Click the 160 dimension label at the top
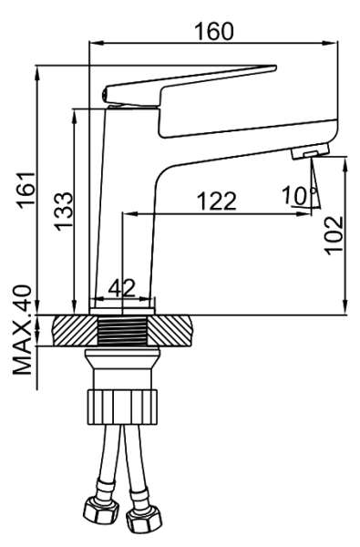[x=214, y=31]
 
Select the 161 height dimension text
[x=26, y=191]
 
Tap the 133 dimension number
[x=64, y=212]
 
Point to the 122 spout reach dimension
[x=217, y=201]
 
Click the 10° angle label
[x=299, y=195]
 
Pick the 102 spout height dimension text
[x=334, y=236]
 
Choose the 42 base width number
[x=121, y=288]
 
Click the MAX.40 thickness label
[x=22, y=330]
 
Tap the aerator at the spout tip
[x=310, y=151]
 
